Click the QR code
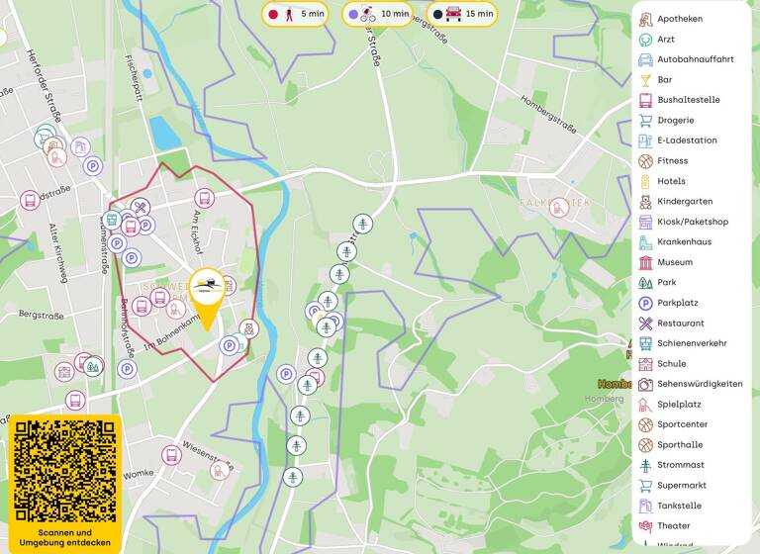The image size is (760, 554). pos(64,472)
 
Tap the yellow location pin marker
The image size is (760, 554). pos(207,294)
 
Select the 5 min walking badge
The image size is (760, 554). pos(297,15)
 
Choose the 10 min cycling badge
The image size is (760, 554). pos(379,15)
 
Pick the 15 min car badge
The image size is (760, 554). pos(462,15)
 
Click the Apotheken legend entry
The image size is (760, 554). pos(680,19)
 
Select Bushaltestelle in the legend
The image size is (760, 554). pos(688,100)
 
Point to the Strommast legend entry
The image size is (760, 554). pos(681,465)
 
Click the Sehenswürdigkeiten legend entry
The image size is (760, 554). pos(699,384)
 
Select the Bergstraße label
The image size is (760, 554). pos(41,315)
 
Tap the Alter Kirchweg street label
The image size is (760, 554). pos(57,253)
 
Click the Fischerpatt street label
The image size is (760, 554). pos(134,75)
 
